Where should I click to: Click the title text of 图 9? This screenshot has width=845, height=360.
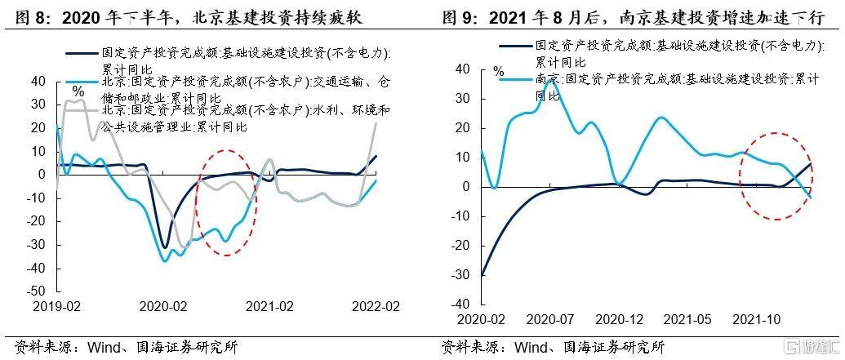click(x=633, y=16)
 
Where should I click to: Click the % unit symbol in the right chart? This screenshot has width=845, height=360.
click(x=498, y=72)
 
